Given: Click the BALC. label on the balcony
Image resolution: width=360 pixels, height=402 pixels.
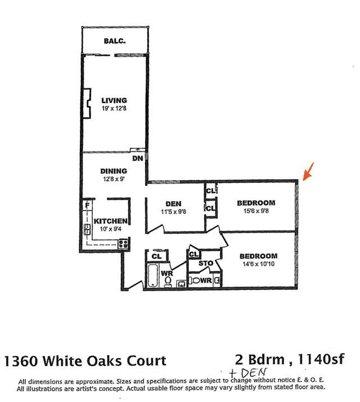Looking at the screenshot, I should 115,41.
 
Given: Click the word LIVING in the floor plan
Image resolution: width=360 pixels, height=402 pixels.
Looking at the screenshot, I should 114,100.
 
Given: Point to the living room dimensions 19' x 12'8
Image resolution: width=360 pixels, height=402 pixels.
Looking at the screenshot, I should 114,108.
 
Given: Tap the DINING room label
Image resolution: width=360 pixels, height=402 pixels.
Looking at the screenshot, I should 114,171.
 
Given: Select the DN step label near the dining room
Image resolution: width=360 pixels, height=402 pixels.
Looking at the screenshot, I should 137,158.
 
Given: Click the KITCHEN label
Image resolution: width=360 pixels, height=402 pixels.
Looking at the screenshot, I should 110,221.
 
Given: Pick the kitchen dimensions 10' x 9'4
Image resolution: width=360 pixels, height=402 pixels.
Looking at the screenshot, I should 111,229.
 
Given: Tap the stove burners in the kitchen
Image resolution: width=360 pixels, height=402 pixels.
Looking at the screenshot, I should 123,244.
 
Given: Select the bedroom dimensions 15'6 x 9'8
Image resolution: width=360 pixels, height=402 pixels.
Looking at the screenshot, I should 256,211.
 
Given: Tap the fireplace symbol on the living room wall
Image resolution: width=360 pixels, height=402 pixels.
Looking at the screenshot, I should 88,104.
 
